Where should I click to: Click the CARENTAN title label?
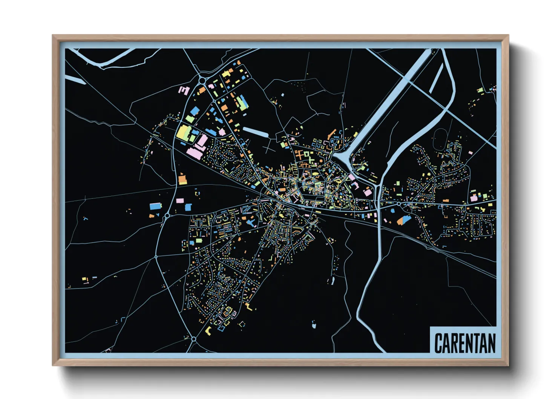pyautogui.click(x=464, y=343)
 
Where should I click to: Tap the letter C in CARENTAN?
pyautogui.click(x=438, y=343)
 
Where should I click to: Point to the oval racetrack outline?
pyautogui.click(x=440, y=139)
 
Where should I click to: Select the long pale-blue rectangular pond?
pyautogui.click(x=255, y=132)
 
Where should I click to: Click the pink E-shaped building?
pyautogui.click(x=184, y=91)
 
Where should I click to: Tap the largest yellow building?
pyautogui.click(x=182, y=133)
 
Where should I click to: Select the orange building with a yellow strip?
pyautogui.click(x=182, y=179)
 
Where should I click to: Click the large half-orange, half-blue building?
pyautogui.click(x=404, y=220)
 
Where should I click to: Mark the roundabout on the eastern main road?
pyautogui.click(x=399, y=204)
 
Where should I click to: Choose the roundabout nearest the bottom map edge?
pyautogui.click(x=193, y=339)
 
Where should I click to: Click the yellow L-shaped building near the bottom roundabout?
pyautogui.click(x=208, y=331)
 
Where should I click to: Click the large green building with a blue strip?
pyautogui.click(x=241, y=102)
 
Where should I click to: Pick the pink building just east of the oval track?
pyautogui.click(x=471, y=153)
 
